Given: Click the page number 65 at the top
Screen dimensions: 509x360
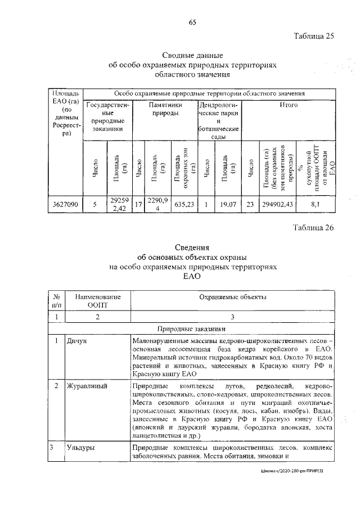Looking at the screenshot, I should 192,22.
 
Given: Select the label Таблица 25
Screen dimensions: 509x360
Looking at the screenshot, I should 314,37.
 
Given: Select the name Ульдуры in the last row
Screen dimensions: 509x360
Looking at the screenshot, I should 80,448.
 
